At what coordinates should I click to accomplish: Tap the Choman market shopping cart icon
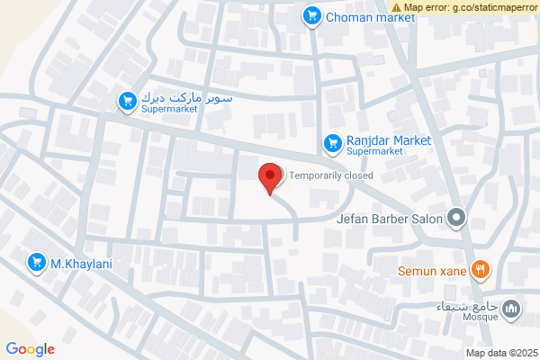point(312,15)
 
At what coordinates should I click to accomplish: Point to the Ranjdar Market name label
point(389,140)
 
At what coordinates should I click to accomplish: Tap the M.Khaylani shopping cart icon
point(37,262)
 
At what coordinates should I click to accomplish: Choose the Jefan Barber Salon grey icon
point(458,218)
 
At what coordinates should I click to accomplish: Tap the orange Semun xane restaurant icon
point(481,267)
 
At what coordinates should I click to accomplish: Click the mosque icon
point(512,310)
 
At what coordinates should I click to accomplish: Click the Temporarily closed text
point(330,176)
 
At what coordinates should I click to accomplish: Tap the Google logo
point(30,349)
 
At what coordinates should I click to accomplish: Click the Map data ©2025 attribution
point(500,352)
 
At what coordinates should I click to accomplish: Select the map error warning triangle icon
point(396,6)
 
